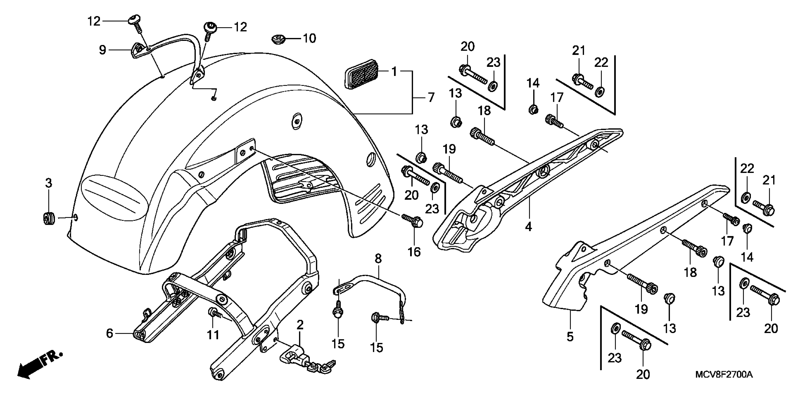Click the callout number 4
(528, 227)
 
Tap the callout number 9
(102, 50)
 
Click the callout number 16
(414, 252)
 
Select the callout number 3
(49, 183)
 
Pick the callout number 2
(300, 325)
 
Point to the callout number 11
(213, 335)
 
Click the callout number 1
(394, 71)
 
